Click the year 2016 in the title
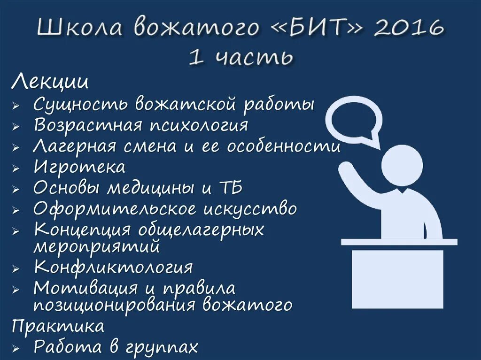click(409, 28)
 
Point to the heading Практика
click(58, 325)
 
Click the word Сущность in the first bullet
click(80, 104)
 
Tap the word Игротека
click(79, 167)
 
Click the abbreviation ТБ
click(229, 188)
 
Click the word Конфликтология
click(113, 267)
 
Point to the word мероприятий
click(97, 246)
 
